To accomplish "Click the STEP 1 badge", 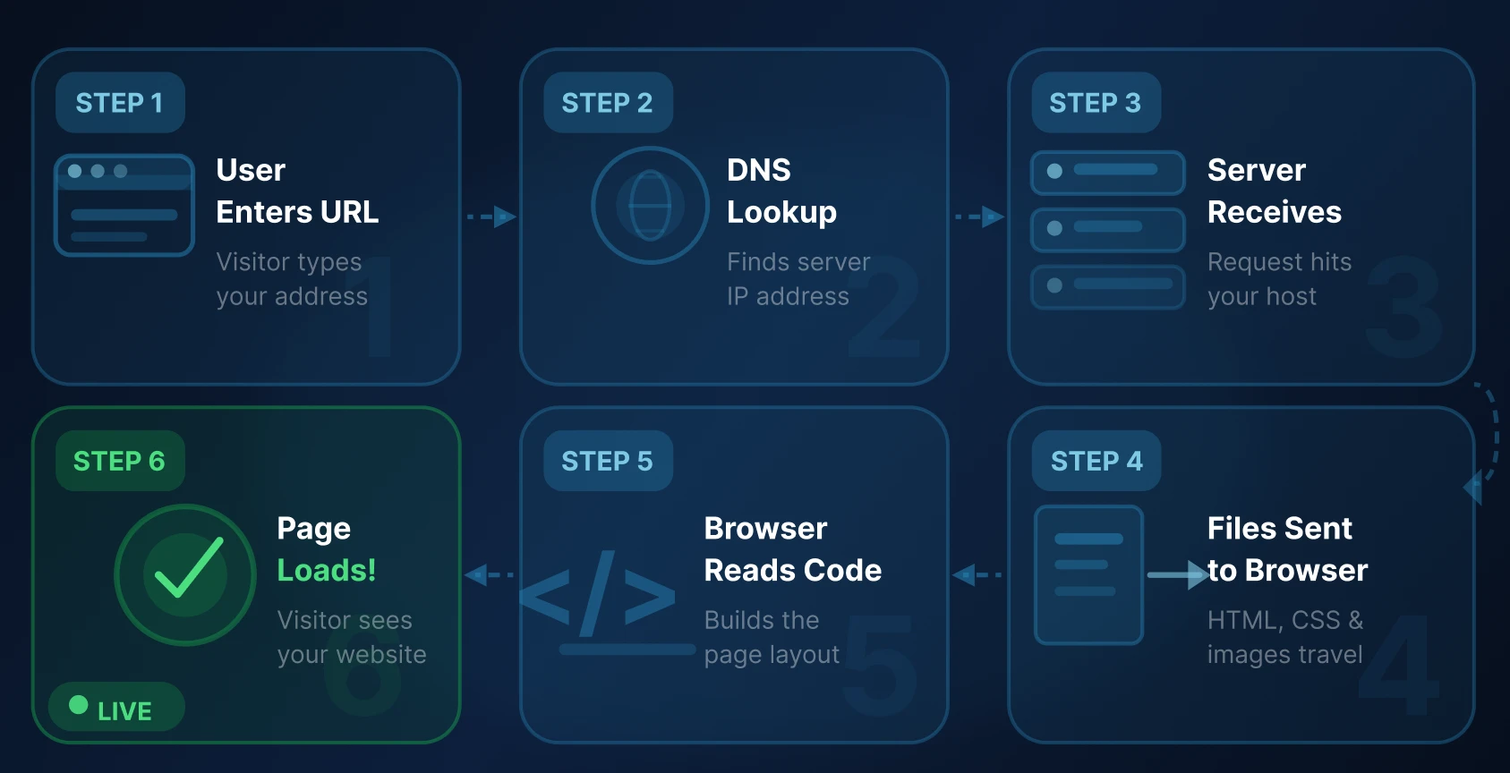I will click(x=120, y=103).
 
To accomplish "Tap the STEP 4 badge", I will click(x=1096, y=461).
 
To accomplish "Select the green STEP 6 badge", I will click(x=120, y=461).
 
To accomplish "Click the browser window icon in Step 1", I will click(x=124, y=206).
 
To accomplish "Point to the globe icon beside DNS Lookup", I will click(x=650, y=206).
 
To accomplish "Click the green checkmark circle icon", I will click(x=185, y=574).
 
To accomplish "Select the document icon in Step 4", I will click(x=1088, y=574).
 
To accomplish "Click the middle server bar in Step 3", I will click(x=1107, y=229).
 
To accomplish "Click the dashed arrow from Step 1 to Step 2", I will click(x=491, y=217).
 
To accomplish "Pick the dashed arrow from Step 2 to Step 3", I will click(x=979, y=217).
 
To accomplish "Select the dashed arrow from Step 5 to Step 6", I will click(x=490, y=574).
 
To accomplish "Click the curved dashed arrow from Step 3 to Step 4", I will click(x=1489, y=438).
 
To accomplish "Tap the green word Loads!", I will click(x=327, y=570).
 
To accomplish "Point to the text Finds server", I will click(x=798, y=262).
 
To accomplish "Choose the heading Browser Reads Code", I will click(x=792, y=548).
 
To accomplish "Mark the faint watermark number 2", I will click(x=883, y=309).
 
